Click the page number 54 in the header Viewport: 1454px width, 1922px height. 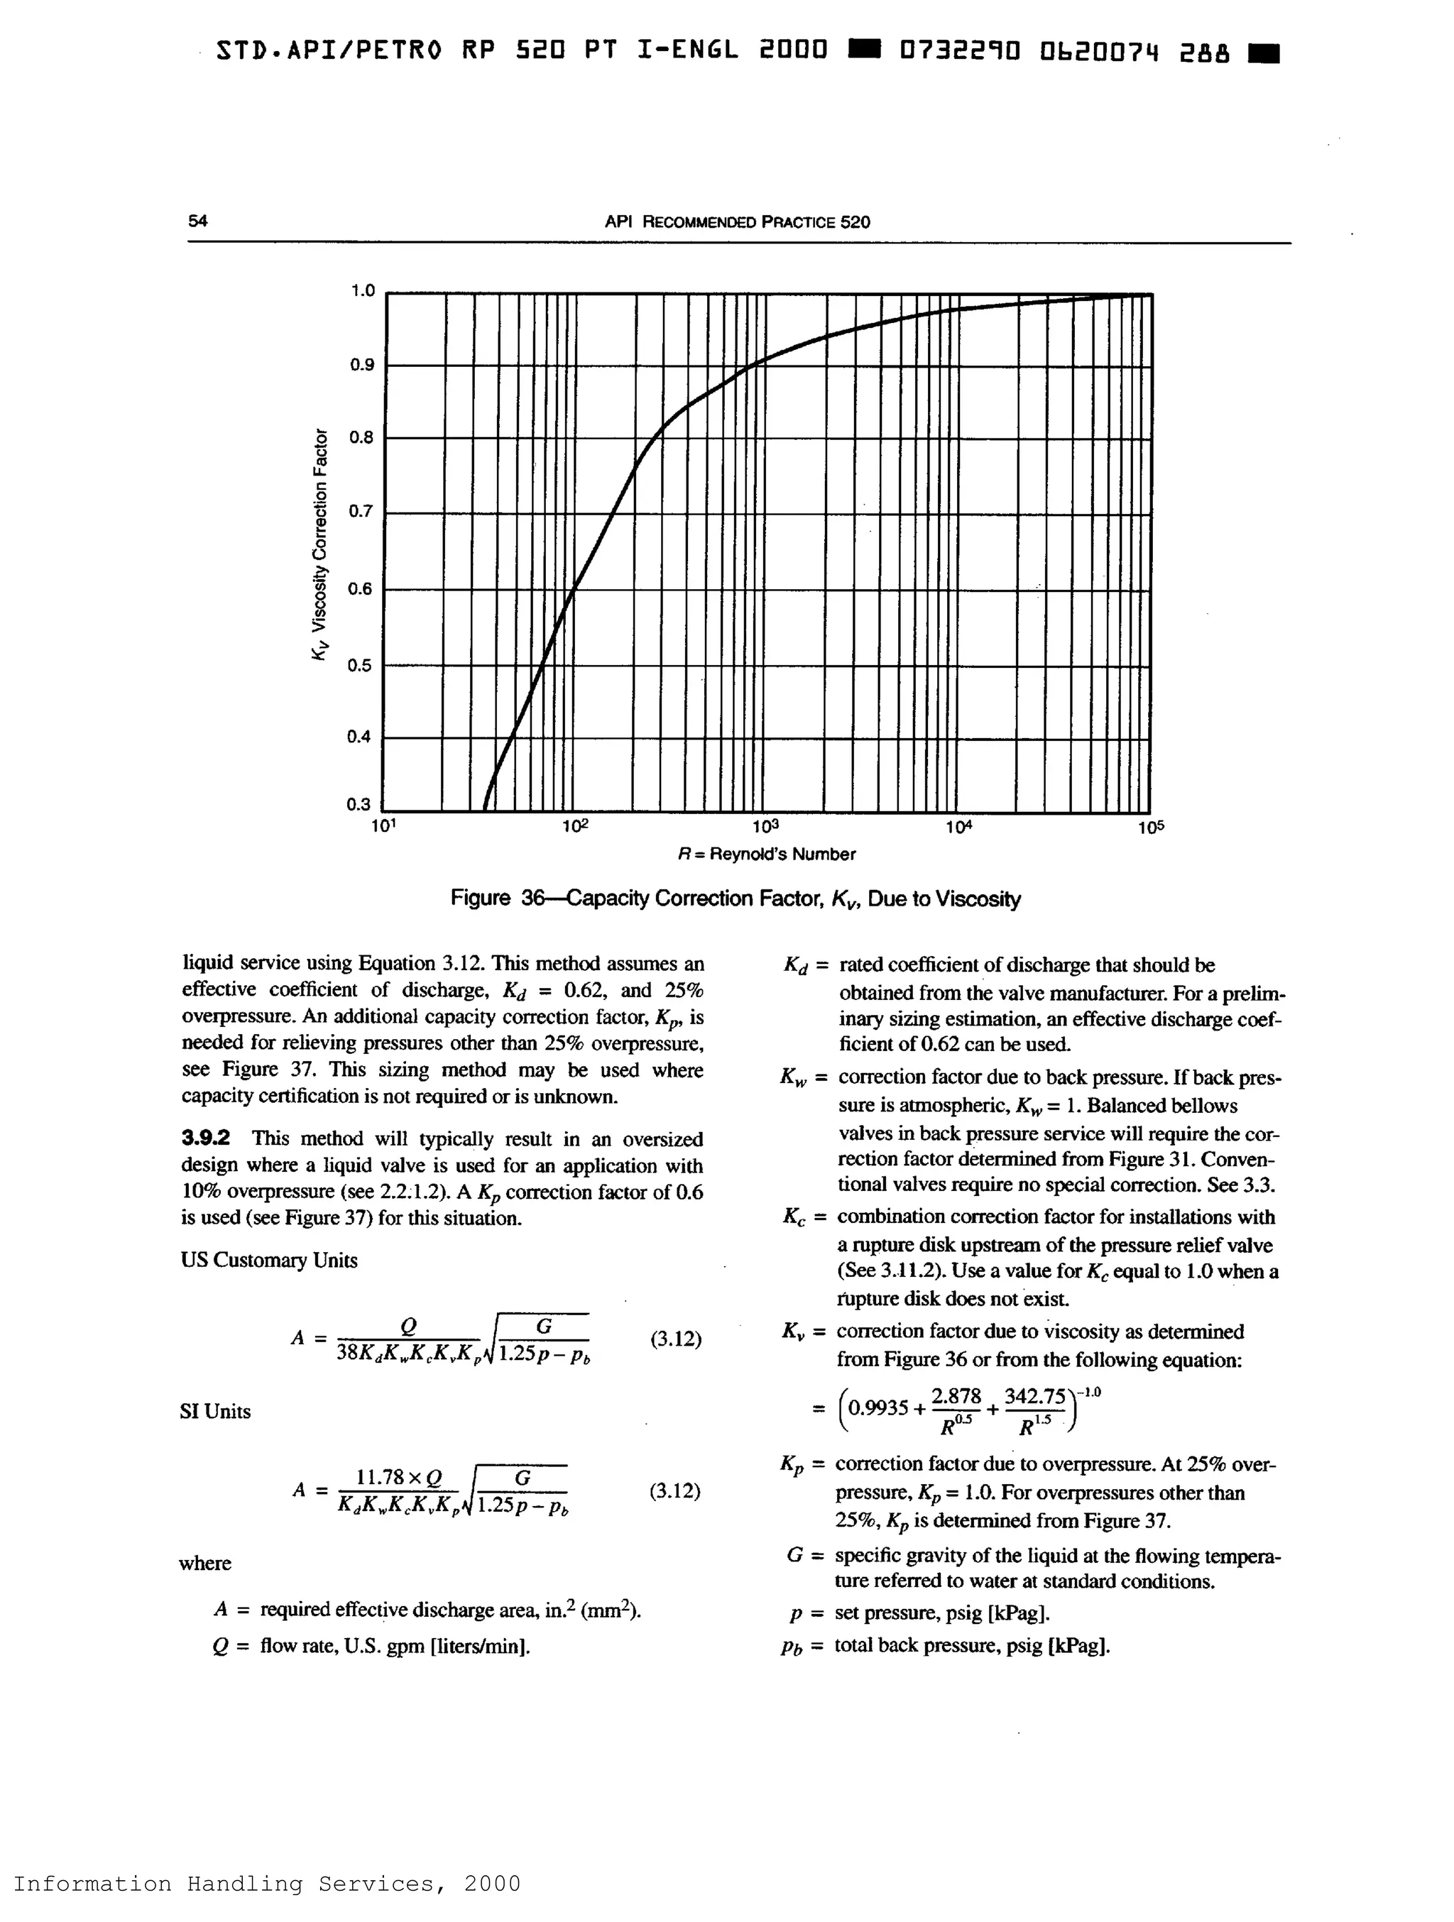(x=197, y=221)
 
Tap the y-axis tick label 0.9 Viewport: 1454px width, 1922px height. (x=361, y=365)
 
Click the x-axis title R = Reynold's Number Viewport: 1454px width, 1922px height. (x=767, y=854)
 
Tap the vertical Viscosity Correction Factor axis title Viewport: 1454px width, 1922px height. (x=321, y=544)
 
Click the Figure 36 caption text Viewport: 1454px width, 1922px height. (x=736, y=899)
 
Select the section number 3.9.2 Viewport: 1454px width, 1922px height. (x=206, y=1138)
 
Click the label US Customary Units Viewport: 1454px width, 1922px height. (x=269, y=1261)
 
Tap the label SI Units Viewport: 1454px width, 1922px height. (x=214, y=1411)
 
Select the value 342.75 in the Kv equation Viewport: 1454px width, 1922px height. (x=1034, y=1397)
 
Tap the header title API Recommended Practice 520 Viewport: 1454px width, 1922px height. (x=737, y=221)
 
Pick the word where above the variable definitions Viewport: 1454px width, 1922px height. (x=205, y=1563)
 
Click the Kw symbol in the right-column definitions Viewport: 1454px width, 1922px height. (x=794, y=1078)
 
